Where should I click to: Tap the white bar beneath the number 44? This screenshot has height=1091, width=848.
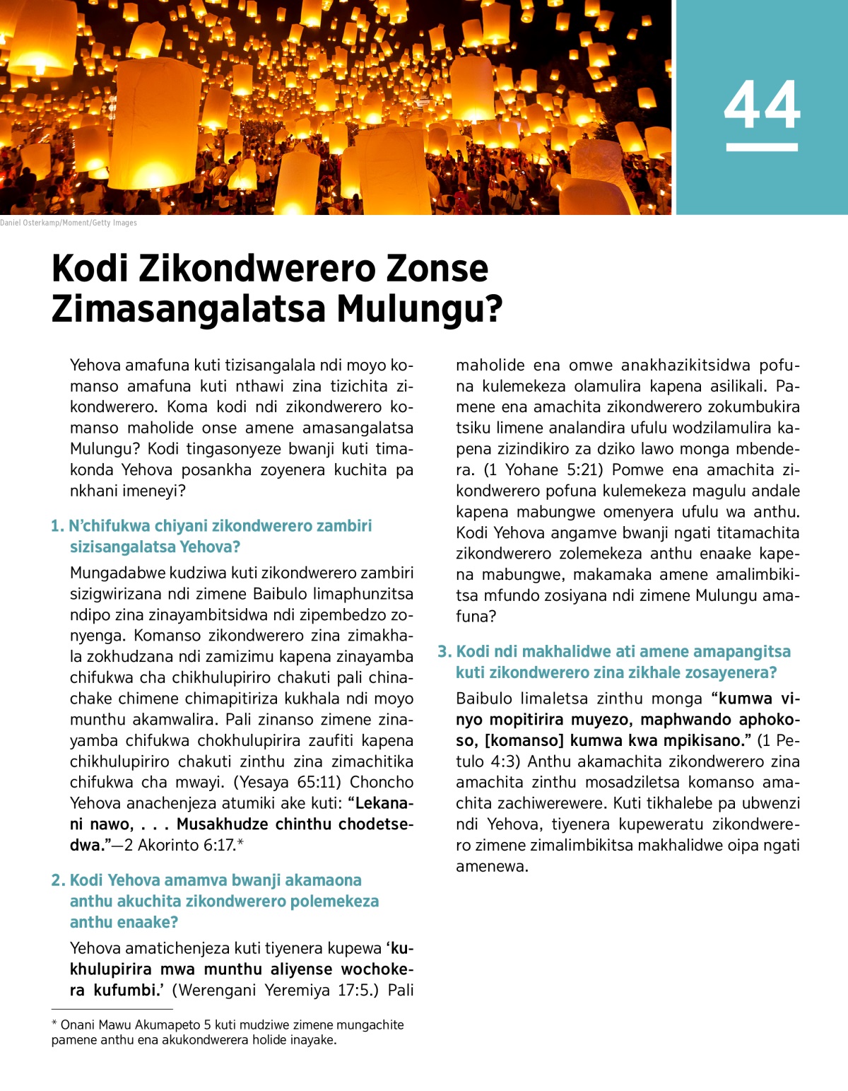pos(762,147)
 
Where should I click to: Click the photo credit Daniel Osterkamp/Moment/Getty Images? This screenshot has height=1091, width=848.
pos(69,223)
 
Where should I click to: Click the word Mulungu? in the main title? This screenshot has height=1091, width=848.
pos(419,308)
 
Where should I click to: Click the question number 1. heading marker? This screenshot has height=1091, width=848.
pos(57,526)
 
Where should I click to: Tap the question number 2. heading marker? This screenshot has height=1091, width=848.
pos(58,880)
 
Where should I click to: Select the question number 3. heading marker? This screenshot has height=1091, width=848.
pos(444,652)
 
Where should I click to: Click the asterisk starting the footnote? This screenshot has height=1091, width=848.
pos(54,1025)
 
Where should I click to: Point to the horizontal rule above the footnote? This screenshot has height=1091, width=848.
pos(112,1009)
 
